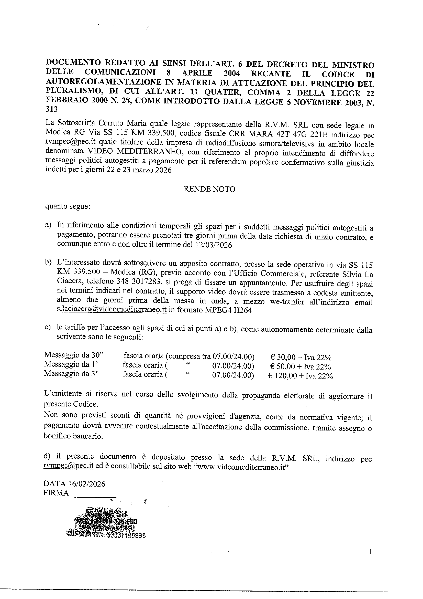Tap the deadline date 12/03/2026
(x=213, y=245)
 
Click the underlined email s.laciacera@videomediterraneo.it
(x=112, y=310)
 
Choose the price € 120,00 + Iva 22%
(x=300, y=376)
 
